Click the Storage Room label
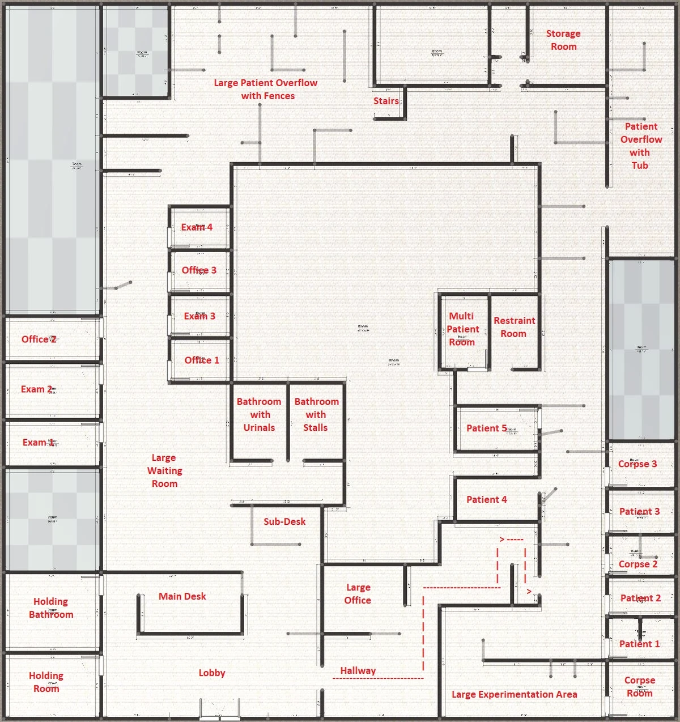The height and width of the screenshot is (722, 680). click(x=563, y=40)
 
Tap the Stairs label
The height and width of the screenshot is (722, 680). click(x=386, y=101)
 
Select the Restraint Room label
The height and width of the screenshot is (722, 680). click(x=514, y=328)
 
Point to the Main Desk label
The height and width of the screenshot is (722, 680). click(x=182, y=596)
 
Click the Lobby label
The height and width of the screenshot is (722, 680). click(x=212, y=673)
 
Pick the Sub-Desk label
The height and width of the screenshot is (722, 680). click(x=284, y=521)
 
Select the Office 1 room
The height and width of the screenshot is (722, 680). click(x=201, y=360)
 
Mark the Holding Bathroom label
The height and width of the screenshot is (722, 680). click(x=51, y=608)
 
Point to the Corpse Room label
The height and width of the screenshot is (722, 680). click(x=640, y=686)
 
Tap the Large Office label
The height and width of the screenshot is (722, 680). click(x=358, y=594)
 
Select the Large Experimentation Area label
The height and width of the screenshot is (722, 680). click(x=514, y=694)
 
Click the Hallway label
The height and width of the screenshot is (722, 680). click(x=358, y=670)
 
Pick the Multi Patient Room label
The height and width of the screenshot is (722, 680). click(x=462, y=329)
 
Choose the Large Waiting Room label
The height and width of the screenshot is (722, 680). click(x=164, y=470)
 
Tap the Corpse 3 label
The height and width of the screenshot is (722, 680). click(x=637, y=464)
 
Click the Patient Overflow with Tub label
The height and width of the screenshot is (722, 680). click(x=640, y=146)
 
